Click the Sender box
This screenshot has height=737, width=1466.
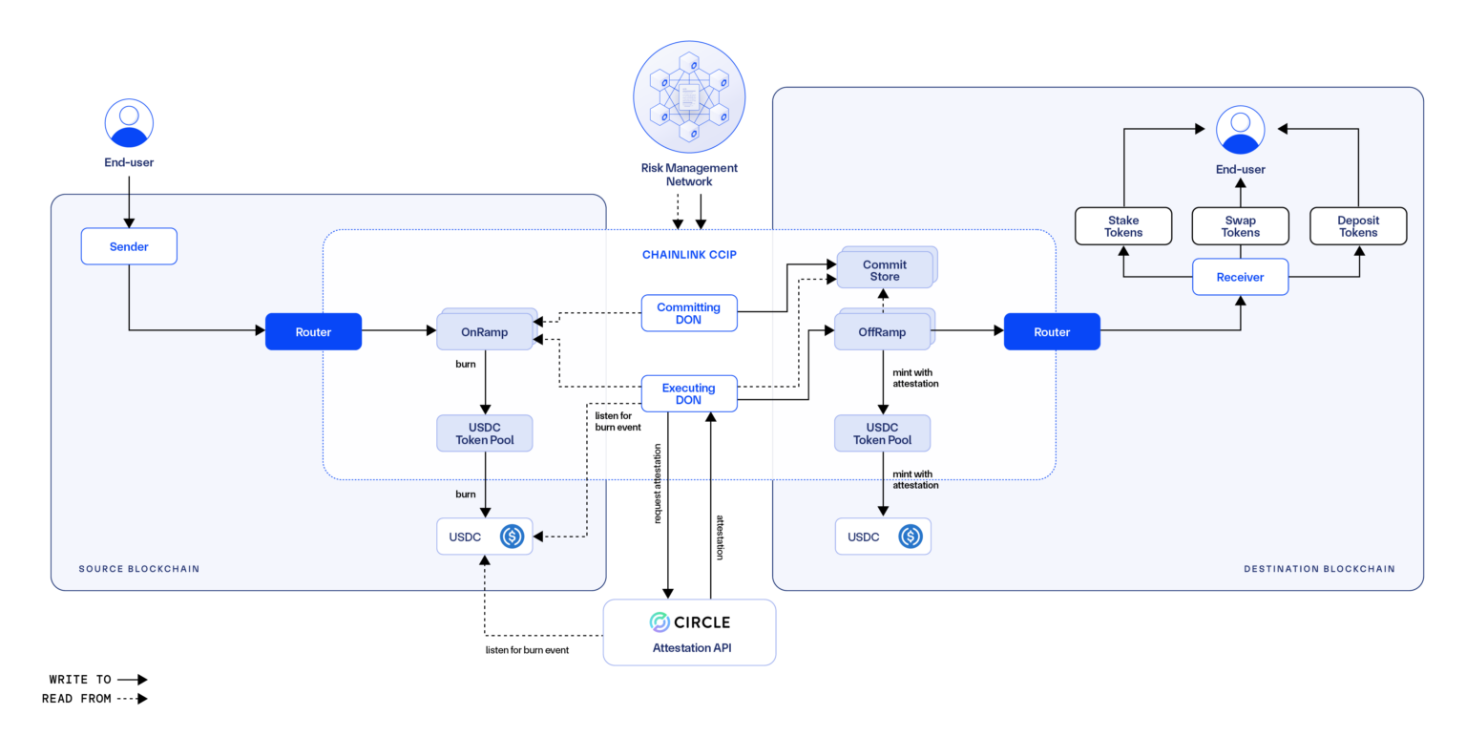(x=129, y=246)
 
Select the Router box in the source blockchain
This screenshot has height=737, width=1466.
(x=313, y=331)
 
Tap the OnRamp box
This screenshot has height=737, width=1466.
(x=485, y=332)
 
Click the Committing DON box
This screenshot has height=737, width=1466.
(x=688, y=313)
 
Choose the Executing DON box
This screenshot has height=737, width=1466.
(x=688, y=393)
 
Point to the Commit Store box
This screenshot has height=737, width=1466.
(x=885, y=270)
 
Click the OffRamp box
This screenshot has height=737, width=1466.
(x=883, y=332)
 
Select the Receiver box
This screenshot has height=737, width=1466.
(x=1240, y=277)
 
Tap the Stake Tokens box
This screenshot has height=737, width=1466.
(x=1122, y=226)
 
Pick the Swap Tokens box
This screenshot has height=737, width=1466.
(x=1240, y=226)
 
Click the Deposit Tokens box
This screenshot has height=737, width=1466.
(x=1357, y=226)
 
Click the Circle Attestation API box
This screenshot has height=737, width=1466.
(x=689, y=632)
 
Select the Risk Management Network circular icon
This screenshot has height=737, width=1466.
(x=689, y=96)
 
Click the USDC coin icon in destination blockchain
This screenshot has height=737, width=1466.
(x=911, y=537)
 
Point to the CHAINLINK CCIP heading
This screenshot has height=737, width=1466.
(x=688, y=255)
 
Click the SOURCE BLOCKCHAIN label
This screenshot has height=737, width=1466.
(x=139, y=569)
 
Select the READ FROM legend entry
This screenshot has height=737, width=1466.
(x=94, y=699)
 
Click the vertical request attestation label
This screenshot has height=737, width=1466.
(x=659, y=484)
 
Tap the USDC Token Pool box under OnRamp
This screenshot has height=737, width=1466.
(x=485, y=433)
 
